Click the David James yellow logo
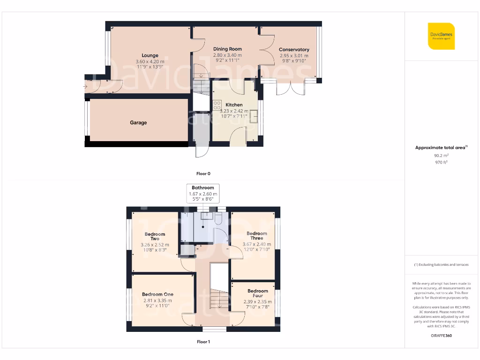coord(441,36)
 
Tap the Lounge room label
coord(150,55)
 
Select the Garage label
coord(138,123)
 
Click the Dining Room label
coord(227,49)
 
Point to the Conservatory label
coord(294,49)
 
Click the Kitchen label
coord(234,105)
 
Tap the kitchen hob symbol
coord(217,105)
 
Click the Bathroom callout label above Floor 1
coord(202,187)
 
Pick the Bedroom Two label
coord(155,236)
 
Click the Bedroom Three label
coord(256,235)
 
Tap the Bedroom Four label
coord(257,293)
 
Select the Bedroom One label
coord(157,294)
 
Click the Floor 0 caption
coord(203,173)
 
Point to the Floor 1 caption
coord(203,342)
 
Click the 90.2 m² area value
coord(441,155)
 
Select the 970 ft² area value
coord(441,162)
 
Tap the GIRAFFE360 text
coord(441,336)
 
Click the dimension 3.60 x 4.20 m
coord(150,61)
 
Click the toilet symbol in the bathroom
coord(218,218)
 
